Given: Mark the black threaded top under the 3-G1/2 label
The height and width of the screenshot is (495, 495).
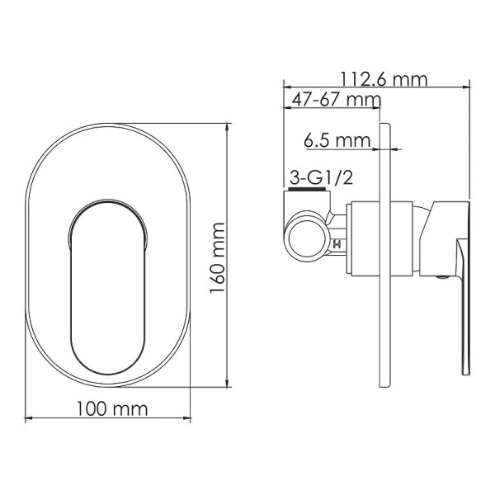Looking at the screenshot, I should (309, 191).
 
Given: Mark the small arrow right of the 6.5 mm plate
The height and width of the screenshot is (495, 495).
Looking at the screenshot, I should (395, 149).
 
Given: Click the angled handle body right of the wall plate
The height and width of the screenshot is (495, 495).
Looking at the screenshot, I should (439, 235).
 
